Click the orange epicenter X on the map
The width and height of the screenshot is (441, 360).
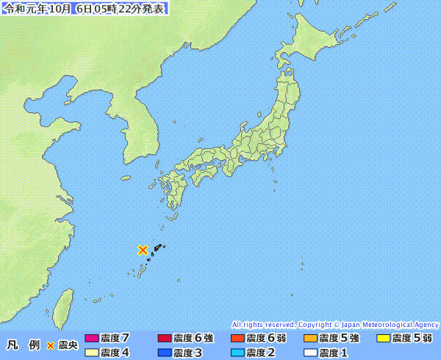tap(143, 250)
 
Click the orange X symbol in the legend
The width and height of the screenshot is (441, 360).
tap(51, 345)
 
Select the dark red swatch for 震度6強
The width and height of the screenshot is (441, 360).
tap(165, 339)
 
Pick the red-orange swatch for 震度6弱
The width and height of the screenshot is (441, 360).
tap(237, 339)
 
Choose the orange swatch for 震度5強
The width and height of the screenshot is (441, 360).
tap(310, 339)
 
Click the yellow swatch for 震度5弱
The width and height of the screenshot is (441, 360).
tap(383, 339)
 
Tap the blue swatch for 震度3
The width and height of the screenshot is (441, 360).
tap(165, 353)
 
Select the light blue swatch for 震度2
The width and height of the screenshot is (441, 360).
tap(237, 353)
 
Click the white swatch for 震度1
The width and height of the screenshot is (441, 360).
tap(310, 353)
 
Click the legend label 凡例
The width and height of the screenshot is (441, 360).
tap(23, 345)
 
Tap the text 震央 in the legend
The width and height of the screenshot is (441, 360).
tap(68, 345)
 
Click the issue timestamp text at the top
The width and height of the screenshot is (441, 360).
tap(85, 9)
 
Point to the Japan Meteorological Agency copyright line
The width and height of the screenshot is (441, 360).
tap(335, 324)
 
